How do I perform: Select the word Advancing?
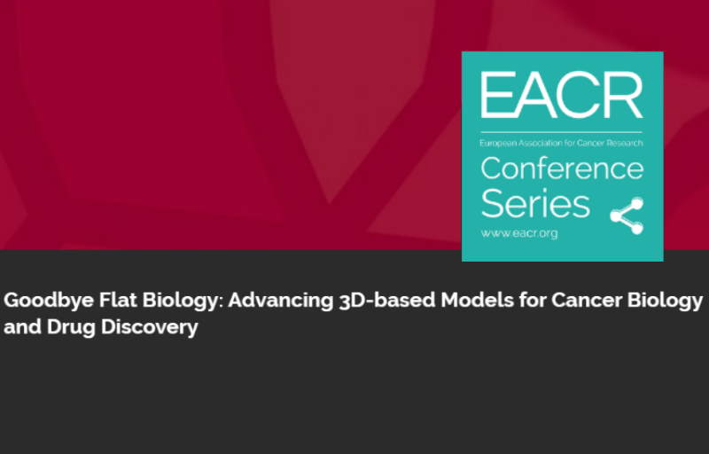280,301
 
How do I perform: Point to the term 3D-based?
386,300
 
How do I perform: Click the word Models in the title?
477,300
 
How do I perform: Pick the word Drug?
71,327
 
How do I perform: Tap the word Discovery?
150,327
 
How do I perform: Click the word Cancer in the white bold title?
587,300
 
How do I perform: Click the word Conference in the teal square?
562,168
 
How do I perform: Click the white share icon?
627,215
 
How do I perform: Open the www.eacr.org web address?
519,233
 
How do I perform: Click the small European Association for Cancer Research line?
561,143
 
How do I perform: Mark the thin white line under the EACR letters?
561,132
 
